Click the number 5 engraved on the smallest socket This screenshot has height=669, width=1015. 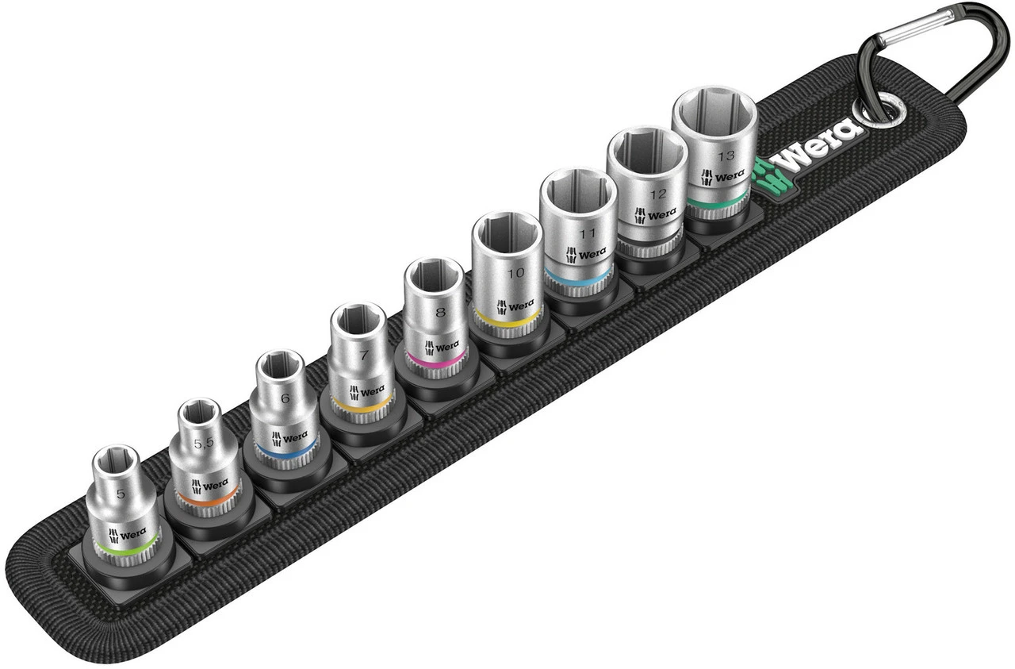tap(120, 494)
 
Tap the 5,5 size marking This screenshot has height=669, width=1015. tap(204, 443)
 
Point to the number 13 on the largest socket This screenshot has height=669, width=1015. tap(726, 156)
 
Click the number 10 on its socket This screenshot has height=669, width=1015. tap(515, 272)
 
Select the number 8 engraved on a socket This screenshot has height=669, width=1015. tap(440, 312)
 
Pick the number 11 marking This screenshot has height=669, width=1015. tap(587, 233)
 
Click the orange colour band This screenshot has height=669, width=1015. tap(209, 496)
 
